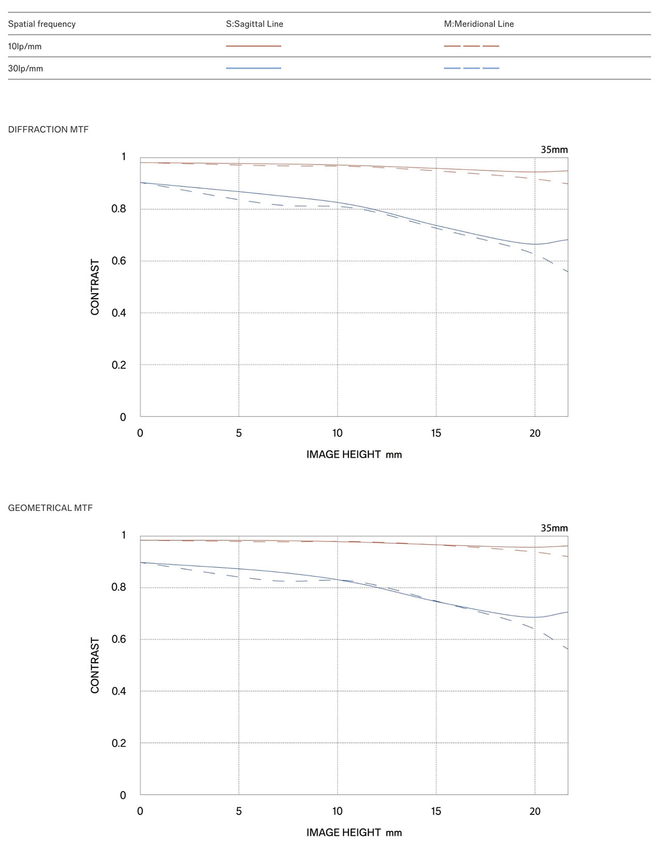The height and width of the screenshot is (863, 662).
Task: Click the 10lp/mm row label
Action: click(x=25, y=47)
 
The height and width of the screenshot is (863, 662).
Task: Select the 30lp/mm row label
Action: click(x=25, y=68)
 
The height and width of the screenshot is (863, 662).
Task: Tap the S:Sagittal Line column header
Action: click(x=254, y=24)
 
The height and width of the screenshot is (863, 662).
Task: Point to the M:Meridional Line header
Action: click(x=479, y=24)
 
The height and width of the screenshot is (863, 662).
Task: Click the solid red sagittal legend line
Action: click(x=253, y=46)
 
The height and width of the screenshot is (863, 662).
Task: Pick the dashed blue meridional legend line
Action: click(x=472, y=68)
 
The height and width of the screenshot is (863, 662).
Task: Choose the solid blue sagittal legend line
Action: click(x=253, y=68)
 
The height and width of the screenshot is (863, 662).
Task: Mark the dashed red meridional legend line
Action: click(x=472, y=46)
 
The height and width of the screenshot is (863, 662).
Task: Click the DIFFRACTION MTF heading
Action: click(x=48, y=129)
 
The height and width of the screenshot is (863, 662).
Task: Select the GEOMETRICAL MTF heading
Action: click(x=50, y=508)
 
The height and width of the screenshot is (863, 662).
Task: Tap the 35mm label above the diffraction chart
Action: click(x=554, y=150)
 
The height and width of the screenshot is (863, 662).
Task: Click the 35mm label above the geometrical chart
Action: click(x=554, y=528)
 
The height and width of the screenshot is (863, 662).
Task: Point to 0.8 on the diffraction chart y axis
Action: click(x=119, y=209)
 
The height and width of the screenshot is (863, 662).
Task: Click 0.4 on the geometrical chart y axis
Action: click(x=119, y=691)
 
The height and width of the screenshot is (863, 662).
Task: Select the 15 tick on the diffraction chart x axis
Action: click(x=436, y=433)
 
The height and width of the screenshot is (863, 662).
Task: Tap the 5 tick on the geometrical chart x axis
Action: click(x=239, y=811)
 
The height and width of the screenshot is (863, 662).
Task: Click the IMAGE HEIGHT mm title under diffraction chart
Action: click(x=354, y=455)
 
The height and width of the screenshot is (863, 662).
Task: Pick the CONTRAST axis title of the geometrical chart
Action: click(x=95, y=665)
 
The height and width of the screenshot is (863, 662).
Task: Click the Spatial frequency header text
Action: click(x=42, y=24)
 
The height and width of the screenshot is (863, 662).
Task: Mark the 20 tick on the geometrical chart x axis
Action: click(x=535, y=811)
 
